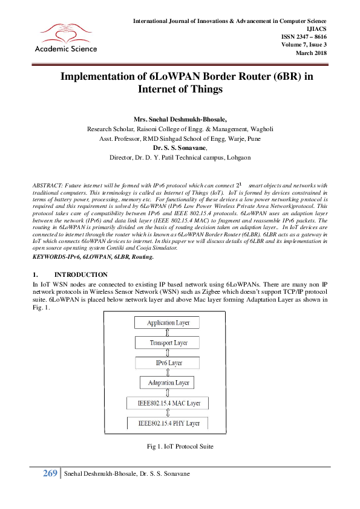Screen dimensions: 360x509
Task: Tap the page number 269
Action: coord(50,473)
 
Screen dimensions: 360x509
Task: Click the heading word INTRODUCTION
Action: coord(81,274)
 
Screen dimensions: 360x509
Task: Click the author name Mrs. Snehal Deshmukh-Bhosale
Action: coord(180,120)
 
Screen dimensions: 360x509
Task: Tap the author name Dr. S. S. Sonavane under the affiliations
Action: coord(180,147)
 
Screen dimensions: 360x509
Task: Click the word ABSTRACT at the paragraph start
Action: coord(45,183)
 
